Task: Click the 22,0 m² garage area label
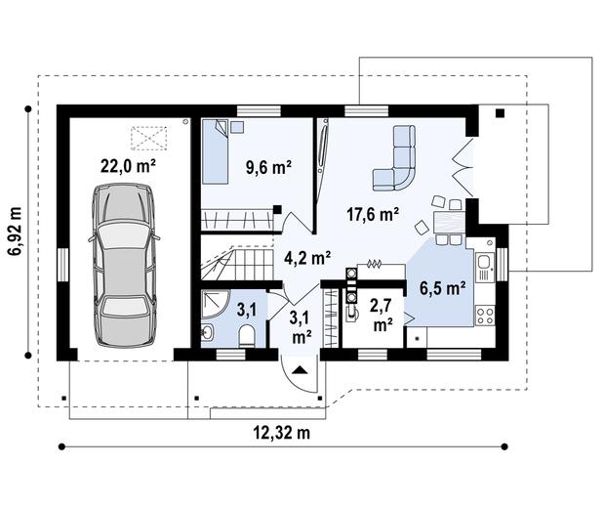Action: tap(128, 165)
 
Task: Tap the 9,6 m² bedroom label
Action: tap(267, 167)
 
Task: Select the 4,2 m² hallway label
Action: tap(306, 258)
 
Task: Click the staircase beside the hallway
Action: tap(234, 263)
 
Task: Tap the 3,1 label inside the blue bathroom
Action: tap(248, 311)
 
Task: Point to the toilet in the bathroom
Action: tap(246, 335)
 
